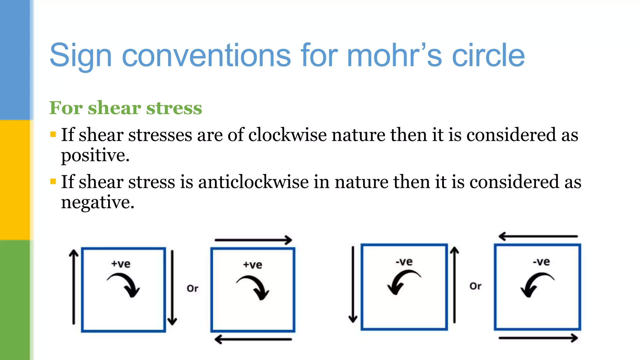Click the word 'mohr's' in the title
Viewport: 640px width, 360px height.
click(394, 56)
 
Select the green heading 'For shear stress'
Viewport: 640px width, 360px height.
click(126, 108)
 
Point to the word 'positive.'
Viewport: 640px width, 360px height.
click(95, 156)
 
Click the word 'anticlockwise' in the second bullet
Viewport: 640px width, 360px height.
click(253, 182)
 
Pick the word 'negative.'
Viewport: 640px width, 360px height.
click(97, 202)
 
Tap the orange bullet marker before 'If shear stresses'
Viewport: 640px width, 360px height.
click(53, 135)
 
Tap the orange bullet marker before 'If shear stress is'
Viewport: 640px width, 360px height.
click(53, 182)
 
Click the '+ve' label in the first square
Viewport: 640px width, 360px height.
click(121, 264)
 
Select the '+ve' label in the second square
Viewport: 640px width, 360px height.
click(252, 265)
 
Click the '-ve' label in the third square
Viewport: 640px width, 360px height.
click(404, 262)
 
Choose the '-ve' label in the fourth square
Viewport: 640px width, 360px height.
click(541, 262)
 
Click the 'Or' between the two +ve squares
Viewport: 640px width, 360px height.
click(192, 288)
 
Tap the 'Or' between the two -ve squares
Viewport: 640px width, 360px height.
click(475, 286)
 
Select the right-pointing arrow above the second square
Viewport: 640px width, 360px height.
click(253, 240)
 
